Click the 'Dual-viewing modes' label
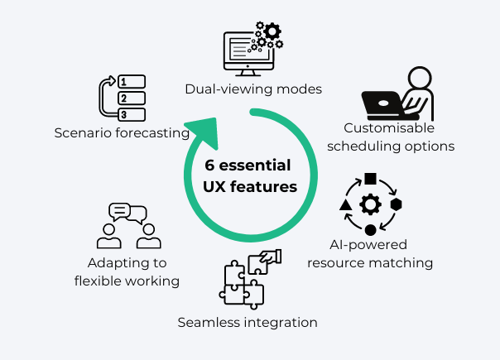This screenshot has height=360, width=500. [x=252, y=89]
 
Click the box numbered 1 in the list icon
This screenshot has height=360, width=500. [x=132, y=82]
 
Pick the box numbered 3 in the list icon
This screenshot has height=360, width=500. [x=132, y=113]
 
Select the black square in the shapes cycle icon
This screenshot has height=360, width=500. [x=370, y=178]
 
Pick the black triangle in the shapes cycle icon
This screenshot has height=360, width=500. [x=345, y=204]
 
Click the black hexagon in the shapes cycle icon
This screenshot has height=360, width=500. [x=396, y=204]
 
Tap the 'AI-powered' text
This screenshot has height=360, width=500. [x=370, y=245]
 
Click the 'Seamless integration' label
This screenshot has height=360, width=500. [x=248, y=321]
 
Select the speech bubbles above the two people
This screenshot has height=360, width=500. [x=127, y=213]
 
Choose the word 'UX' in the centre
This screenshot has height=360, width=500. [x=214, y=187]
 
